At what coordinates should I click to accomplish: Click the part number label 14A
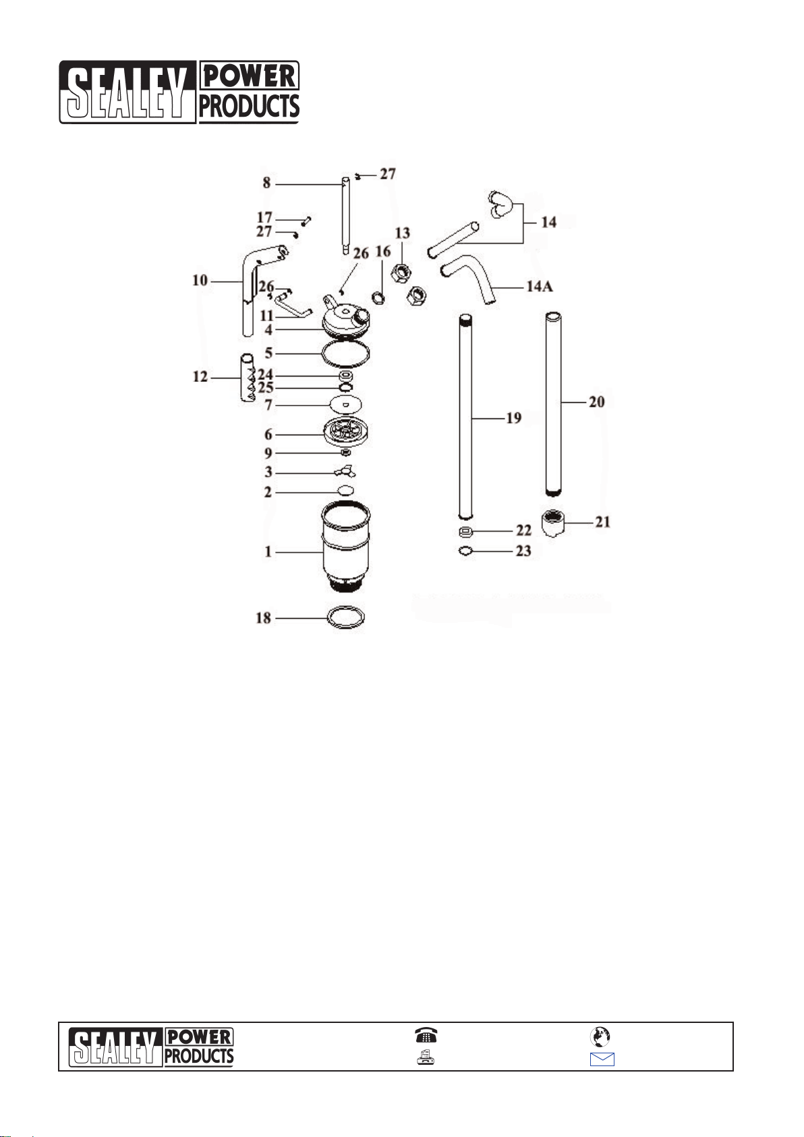coord(540,286)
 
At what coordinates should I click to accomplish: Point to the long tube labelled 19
coord(465,416)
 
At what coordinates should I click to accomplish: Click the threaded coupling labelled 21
coord(553,524)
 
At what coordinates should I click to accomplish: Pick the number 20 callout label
coord(596,402)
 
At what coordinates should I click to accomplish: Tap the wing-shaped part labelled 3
coord(345,472)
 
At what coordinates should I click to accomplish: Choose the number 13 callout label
coord(402,233)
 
